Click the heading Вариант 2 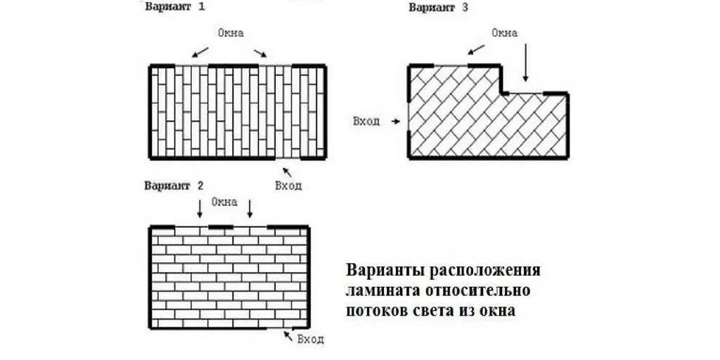(x=174, y=186)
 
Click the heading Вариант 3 (x=439, y=8)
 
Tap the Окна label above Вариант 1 (x=230, y=33)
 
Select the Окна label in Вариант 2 (x=224, y=202)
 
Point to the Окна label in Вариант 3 (x=504, y=33)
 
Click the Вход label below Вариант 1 (x=288, y=186)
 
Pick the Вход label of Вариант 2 (x=310, y=340)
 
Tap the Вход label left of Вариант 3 (x=366, y=121)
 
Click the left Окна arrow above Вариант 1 (x=200, y=52)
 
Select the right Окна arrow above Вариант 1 (x=260, y=52)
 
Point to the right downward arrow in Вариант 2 (x=249, y=208)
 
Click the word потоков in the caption (x=375, y=310)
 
